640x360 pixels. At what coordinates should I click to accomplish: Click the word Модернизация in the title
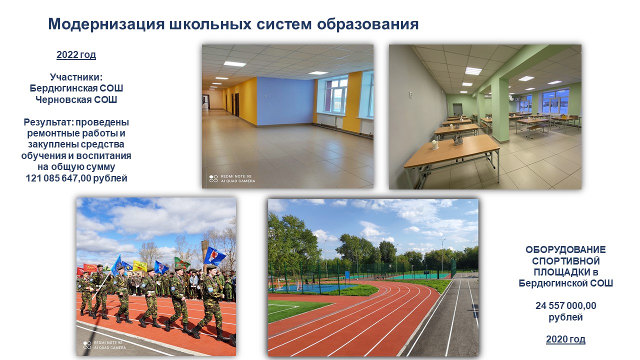106,24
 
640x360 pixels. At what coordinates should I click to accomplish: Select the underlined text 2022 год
76,54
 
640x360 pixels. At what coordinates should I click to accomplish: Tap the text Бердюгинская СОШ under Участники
76,88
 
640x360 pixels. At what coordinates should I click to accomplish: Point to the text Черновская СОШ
76,99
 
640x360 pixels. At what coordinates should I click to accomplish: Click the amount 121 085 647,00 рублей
76,178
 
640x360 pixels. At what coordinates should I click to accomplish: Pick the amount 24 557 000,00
565,305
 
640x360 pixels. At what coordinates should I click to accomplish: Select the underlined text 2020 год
565,339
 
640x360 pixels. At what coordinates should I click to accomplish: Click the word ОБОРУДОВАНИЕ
565,249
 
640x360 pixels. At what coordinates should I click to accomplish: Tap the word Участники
76,77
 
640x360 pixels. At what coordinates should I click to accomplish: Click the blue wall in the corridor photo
285,101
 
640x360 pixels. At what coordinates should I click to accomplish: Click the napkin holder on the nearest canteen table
435,144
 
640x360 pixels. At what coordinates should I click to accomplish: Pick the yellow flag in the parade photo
139,266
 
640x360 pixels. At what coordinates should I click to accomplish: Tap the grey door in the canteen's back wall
457,110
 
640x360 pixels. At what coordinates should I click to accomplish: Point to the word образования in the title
367,24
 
